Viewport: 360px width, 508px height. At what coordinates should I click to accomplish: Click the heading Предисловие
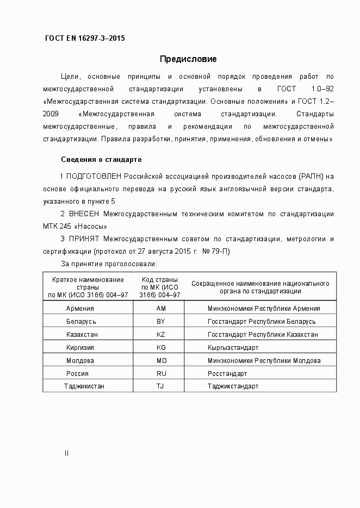(188, 59)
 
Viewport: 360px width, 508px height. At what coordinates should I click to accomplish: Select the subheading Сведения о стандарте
(101, 160)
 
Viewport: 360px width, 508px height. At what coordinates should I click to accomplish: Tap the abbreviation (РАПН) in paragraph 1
(313, 177)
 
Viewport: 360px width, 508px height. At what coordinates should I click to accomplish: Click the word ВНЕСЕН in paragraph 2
(85, 214)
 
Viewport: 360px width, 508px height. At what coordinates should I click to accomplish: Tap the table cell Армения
(80, 308)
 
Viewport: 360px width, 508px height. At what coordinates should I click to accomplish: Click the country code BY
(160, 321)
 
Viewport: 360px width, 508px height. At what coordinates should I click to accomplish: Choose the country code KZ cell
(160, 334)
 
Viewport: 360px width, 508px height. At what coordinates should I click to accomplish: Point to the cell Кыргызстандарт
(233, 347)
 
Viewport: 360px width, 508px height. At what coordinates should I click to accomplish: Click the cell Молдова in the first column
(80, 360)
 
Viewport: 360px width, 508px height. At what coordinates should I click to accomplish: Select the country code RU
(160, 373)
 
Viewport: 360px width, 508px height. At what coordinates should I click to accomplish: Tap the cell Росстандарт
(227, 373)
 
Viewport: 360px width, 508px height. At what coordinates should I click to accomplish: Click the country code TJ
(160, 386)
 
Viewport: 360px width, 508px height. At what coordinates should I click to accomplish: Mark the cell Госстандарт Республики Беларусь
(261, 321)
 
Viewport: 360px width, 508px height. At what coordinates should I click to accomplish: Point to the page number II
(66, 453)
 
